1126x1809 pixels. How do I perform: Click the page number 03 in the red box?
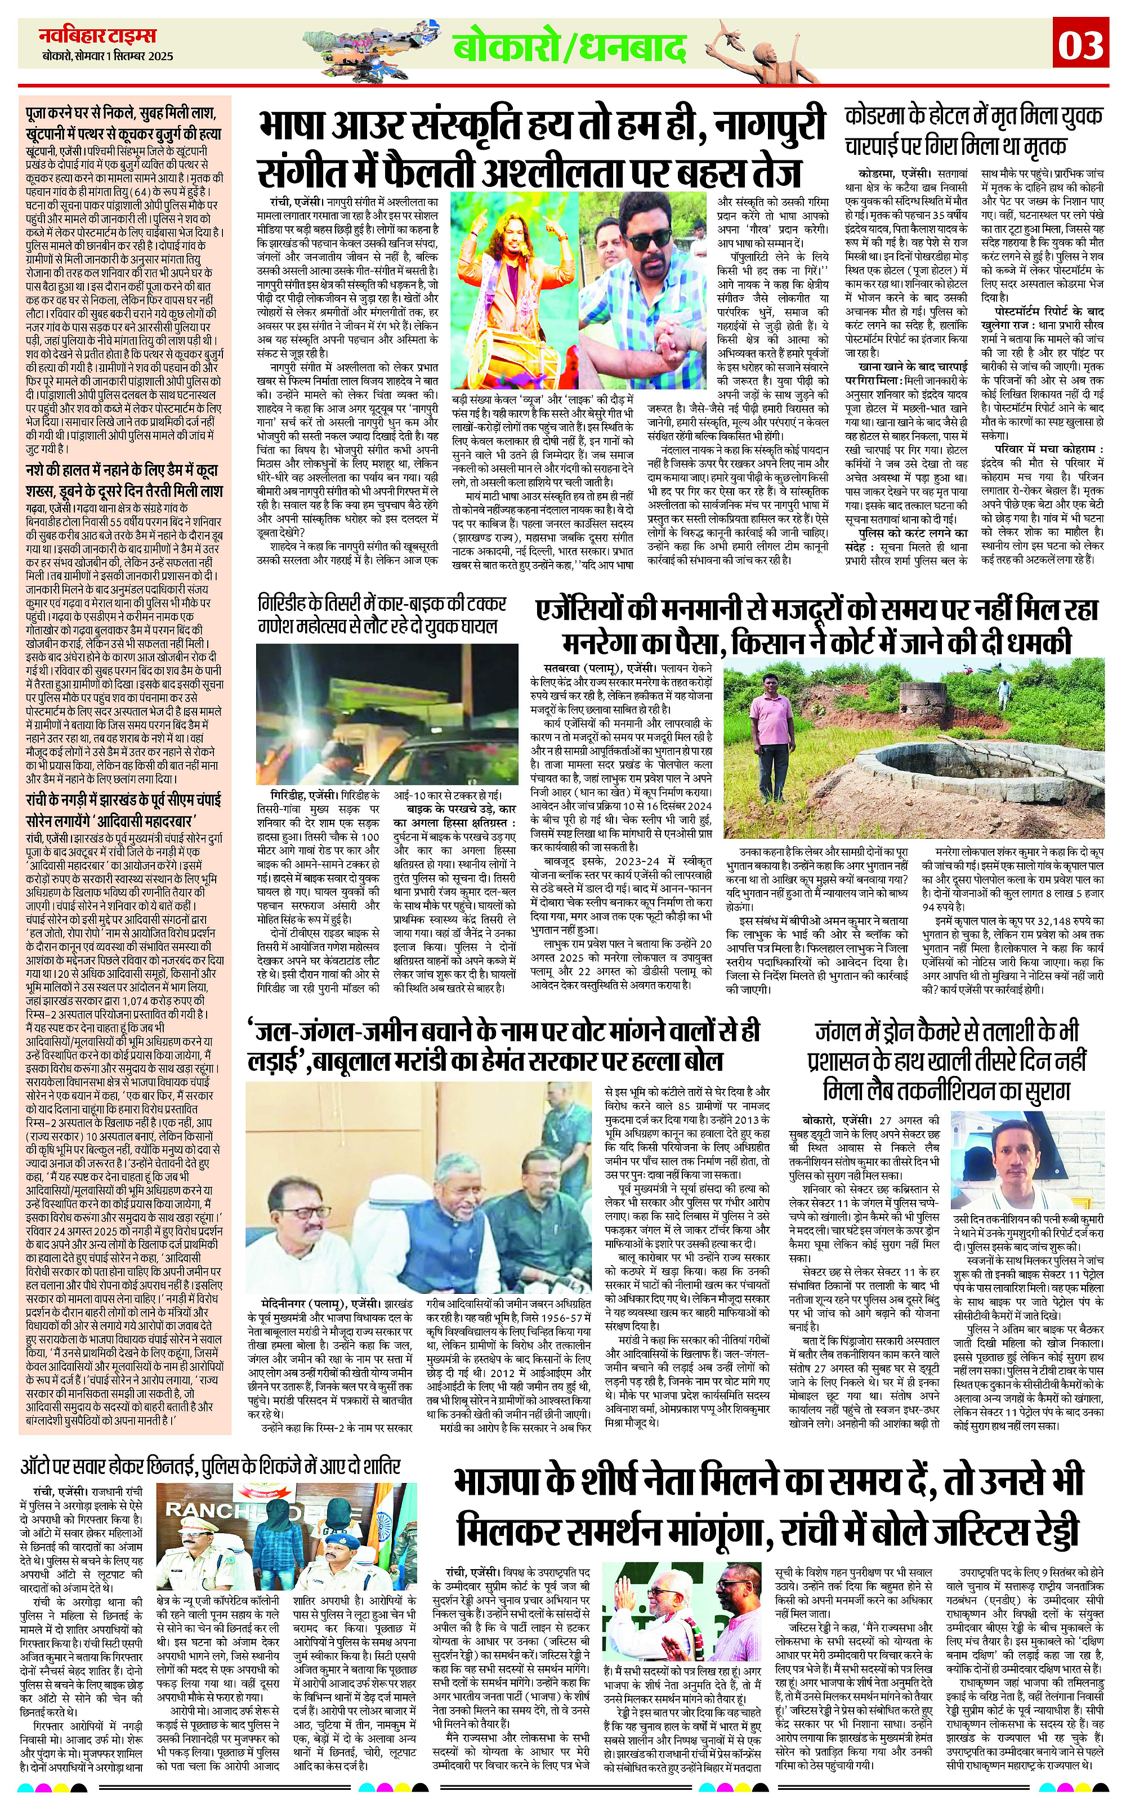tap(1080, 46)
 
